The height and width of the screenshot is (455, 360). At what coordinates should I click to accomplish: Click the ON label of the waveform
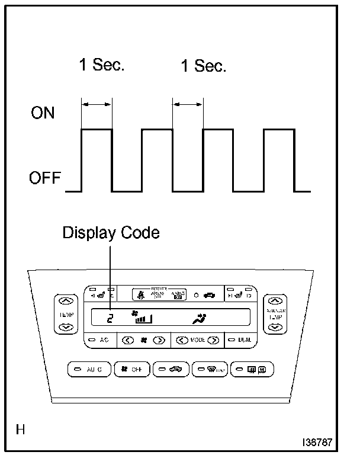[x=43, y=113]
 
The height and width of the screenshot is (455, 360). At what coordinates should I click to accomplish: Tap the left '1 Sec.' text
[x=102, y=65]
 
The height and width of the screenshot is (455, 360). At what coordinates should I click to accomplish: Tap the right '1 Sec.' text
[x=203, y=66]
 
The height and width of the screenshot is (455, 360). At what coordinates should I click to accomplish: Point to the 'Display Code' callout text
[x=111, y=233]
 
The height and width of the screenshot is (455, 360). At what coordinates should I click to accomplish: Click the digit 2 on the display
[x=110, y=319]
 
